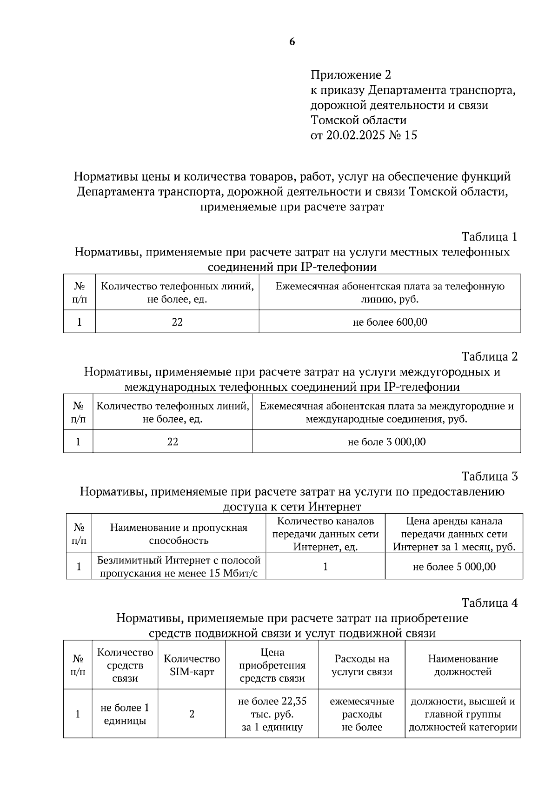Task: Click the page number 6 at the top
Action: pos(292,42)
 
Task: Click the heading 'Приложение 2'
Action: pos(351,75)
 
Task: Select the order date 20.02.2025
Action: pos(353,135)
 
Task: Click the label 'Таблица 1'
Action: pos(489,237)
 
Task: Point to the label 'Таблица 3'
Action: pos(489,476)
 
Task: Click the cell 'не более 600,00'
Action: pos(390,322)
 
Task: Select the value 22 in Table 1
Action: pos(177,322)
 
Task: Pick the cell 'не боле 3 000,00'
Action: pos(386,442)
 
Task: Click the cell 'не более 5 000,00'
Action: pos(454,567)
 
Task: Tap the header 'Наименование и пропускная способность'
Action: pos(179,534)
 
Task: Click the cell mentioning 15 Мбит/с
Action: pos(179,567)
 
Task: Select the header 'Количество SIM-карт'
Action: pos(192,665)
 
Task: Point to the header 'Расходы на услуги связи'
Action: pos(362,665)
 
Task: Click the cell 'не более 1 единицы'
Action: pos(125,714)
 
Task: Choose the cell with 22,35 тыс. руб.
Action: pos(272,714)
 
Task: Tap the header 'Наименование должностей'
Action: pos(463,665)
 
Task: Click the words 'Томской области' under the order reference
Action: pos(359,121)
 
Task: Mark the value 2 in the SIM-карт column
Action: pos(192,714)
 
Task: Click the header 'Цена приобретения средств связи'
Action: pos(272,665)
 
